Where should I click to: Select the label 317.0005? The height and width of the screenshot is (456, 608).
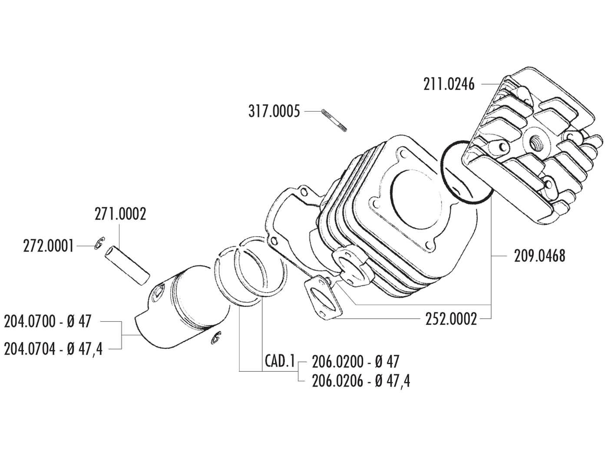tap(274, 112)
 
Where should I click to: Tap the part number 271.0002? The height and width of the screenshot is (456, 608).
tap(120, 214)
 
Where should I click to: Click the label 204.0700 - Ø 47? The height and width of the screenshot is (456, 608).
tap(48, 322)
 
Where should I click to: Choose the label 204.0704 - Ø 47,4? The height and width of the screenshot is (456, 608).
tap(53, 349)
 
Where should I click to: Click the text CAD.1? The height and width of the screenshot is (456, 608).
tap(279, 361)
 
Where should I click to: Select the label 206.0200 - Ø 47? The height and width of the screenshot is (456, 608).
tap(355, 361)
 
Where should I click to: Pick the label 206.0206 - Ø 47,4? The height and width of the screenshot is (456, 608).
tap(360, 381)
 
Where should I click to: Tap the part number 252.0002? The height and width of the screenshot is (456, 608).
tap(451, 319)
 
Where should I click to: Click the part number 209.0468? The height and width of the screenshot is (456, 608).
tap(539, 256)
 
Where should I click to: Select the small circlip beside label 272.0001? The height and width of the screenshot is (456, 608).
tap(99, 244)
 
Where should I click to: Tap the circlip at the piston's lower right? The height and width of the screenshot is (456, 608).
tap(216, 337)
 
